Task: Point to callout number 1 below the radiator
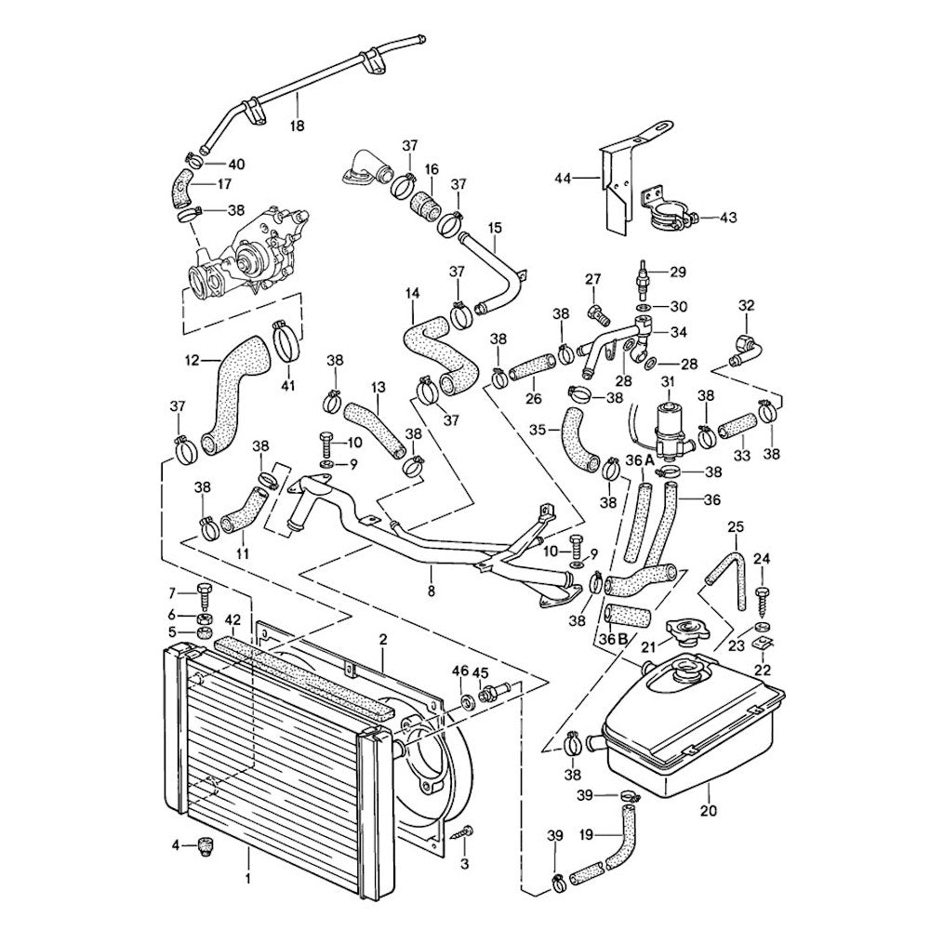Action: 248,877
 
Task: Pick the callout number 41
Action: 286,384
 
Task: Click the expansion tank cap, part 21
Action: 689,634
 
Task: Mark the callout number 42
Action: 232,618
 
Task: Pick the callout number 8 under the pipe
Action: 430,590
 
